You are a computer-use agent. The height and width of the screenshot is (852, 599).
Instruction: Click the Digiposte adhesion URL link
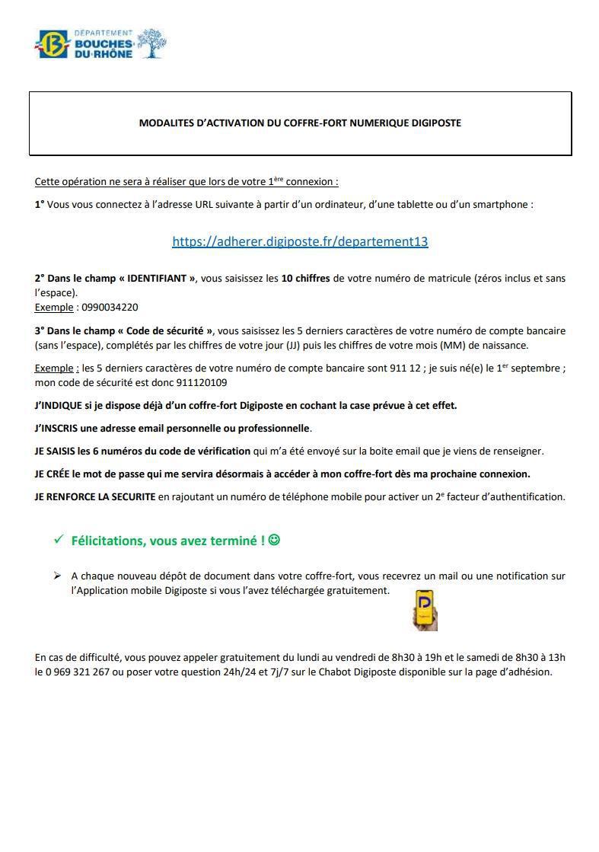click(300, 241)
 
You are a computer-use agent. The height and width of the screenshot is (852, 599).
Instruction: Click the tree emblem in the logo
click(151, 43)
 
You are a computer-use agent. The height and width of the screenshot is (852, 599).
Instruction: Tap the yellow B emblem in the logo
click(52, 44)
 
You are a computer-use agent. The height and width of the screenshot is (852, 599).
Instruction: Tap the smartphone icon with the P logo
click(425, 608)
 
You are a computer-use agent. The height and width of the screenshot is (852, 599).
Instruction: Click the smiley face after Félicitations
click(274, 540)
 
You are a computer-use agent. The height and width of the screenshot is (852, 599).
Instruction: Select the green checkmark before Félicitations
click(58, 540)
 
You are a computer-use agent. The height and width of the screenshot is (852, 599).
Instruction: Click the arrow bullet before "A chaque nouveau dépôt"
click(57, 576)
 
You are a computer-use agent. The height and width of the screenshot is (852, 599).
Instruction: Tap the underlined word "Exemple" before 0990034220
click(53, 308)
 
